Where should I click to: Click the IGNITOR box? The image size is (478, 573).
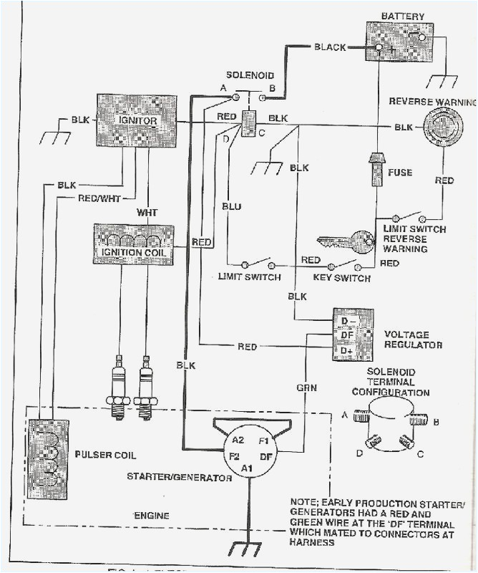[x=137, y=121]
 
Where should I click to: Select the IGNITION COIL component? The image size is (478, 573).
[x=133, y=245]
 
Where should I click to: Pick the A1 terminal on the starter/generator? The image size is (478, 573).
[x=247, y=468]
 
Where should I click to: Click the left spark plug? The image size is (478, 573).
[x=118, y=387]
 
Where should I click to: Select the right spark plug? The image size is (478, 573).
[x=146, y=387]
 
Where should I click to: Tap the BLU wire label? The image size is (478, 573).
[x=231, y=206]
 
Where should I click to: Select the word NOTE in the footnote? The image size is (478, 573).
[x=305, y=501]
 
